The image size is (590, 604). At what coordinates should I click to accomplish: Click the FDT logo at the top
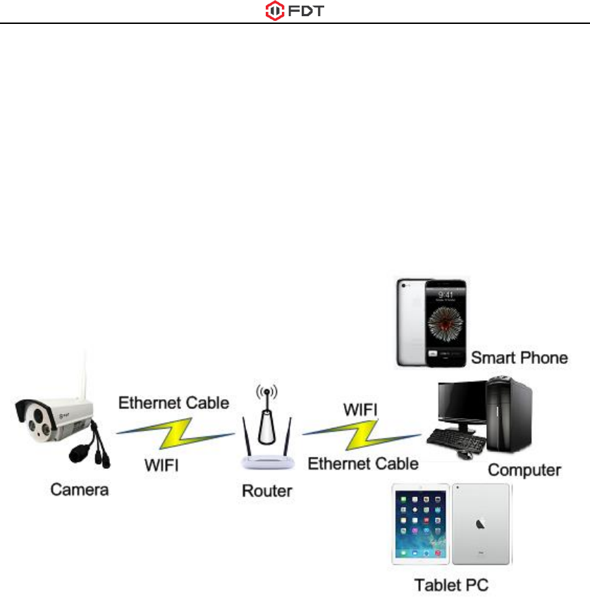click(x=295, y=11)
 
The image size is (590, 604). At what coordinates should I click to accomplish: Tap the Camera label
click(x=79, y=489)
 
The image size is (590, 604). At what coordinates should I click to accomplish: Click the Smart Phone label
click(x=520, y=358)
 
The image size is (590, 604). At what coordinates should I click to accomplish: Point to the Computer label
click(x=525, y=469)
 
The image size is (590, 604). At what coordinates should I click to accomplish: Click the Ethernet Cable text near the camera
click(x=173, y=403)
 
